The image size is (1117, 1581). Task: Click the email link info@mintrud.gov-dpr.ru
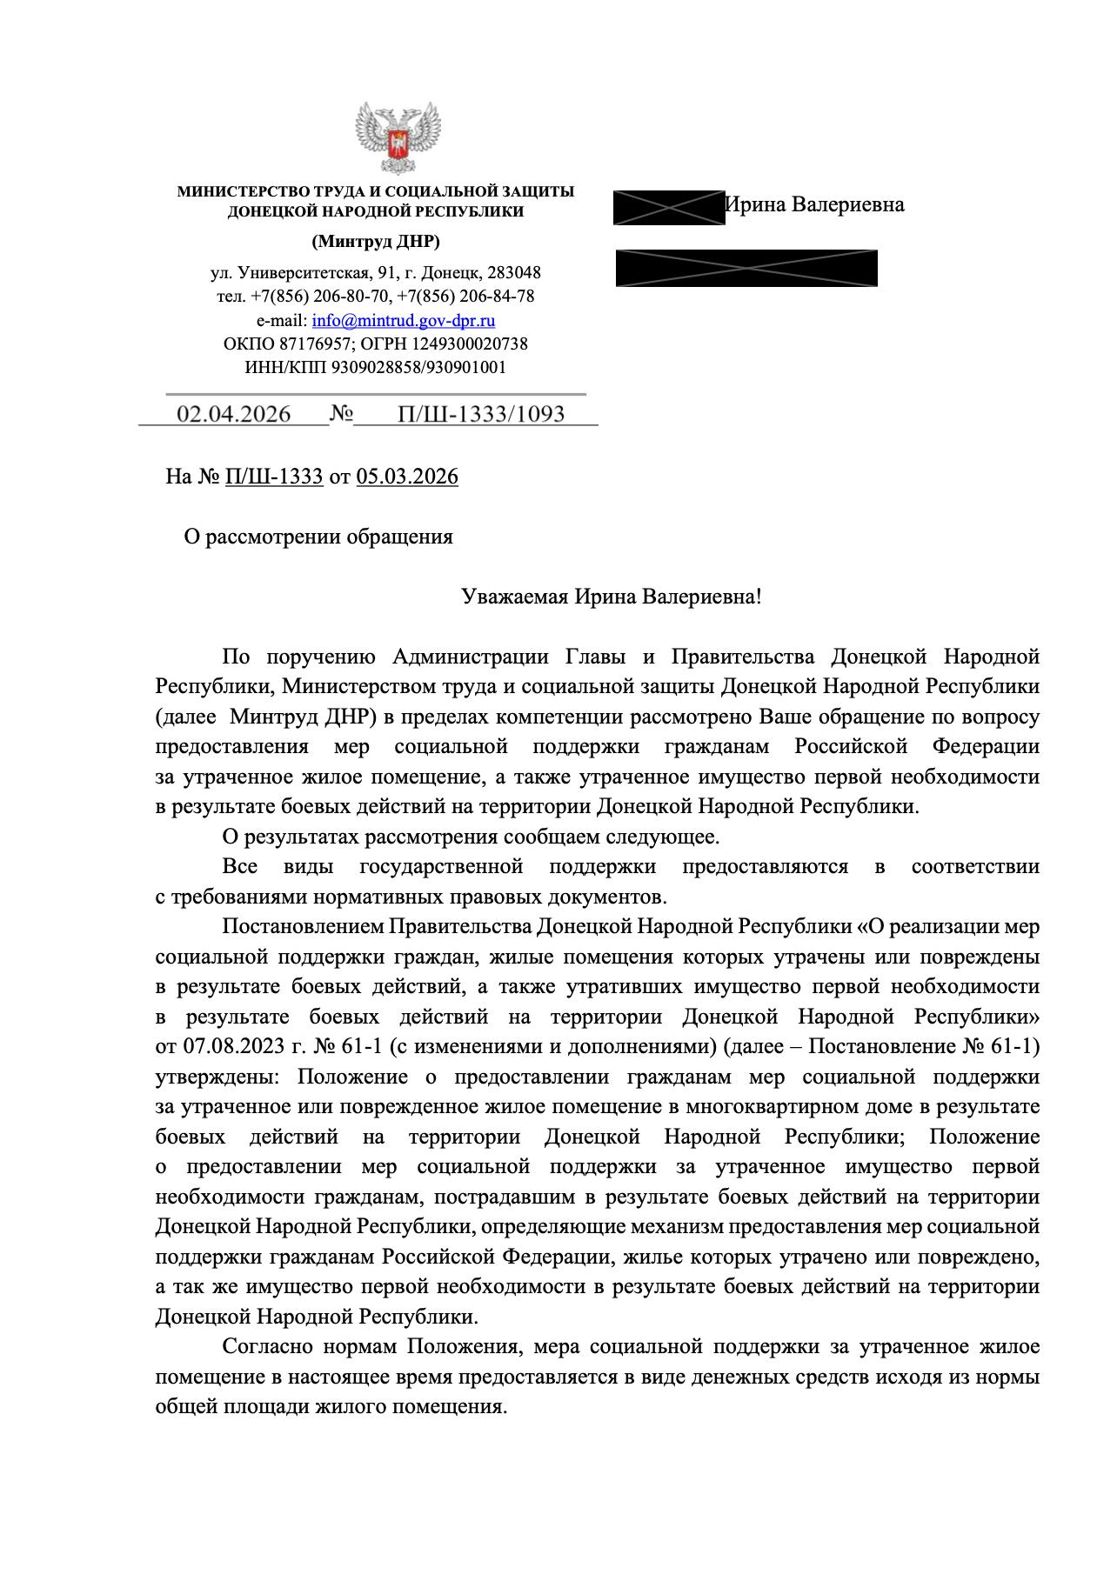pos(404,320)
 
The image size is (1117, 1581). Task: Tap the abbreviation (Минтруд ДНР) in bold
pos(376,241)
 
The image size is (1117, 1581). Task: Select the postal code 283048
pos(514,272)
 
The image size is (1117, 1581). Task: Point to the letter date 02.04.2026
pos(234,414)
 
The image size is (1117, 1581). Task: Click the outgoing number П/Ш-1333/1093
pos(481,414)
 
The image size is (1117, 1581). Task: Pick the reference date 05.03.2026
pos(407,477)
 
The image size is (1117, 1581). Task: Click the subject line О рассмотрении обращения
pos(318,537)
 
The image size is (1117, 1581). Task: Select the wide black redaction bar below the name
pos(746,268)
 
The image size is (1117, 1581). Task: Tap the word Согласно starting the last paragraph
pos(266,1347)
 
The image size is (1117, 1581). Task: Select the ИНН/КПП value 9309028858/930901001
pos(418,367)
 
